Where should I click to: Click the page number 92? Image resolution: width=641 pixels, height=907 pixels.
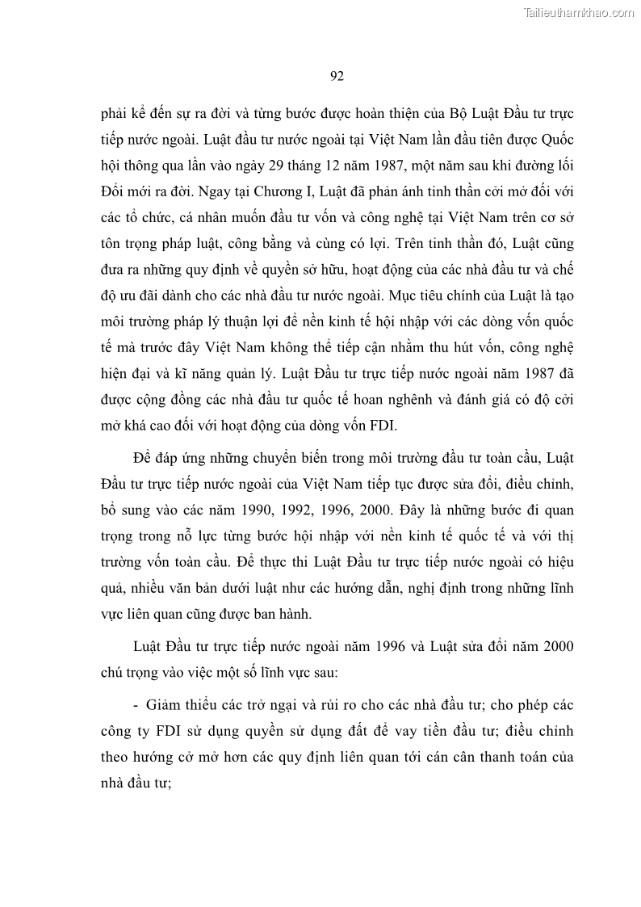(337, 77)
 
